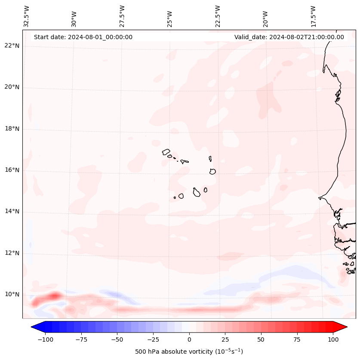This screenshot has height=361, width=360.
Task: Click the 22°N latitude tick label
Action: [x=12, y=46]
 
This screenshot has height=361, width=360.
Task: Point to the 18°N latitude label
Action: [x=12, y=129]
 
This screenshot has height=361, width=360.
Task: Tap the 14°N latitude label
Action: [x=12, y=211]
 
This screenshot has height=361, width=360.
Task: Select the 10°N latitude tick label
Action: [x=12, y=294]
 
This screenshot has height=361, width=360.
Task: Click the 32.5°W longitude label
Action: [x=27, y=16]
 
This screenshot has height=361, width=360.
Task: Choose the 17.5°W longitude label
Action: [x=313, y=16]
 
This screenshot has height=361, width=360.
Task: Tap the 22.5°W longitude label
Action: [x=218, y=16]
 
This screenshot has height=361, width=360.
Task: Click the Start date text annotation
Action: [x=83, y=37]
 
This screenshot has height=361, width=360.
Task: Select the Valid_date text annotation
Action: [x=289, y=37]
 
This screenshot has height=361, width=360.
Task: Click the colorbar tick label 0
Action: [x=189, y=339]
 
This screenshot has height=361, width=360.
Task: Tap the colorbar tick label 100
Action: [x=333, y=339]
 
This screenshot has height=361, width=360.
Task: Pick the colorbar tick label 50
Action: [x=261, y=339]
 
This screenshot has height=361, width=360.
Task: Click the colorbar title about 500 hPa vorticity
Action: [x=189, y=352]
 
